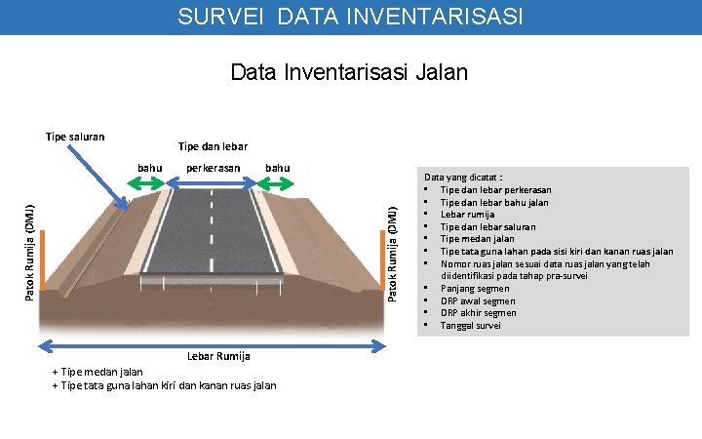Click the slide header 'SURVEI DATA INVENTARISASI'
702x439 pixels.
point(350,17)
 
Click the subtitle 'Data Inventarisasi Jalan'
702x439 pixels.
point(349,72)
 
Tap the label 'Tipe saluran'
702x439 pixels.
point(75,137)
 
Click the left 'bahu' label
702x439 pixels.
point(150,168)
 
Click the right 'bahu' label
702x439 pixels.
point(278,168)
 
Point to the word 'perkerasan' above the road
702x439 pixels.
point(214,168)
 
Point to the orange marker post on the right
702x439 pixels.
point(382,259)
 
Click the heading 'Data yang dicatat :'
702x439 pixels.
point(461,178)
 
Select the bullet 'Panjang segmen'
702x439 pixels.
point(475,289)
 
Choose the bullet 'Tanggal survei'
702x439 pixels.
point(471,326)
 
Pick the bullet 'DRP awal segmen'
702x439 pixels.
point(478,301)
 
